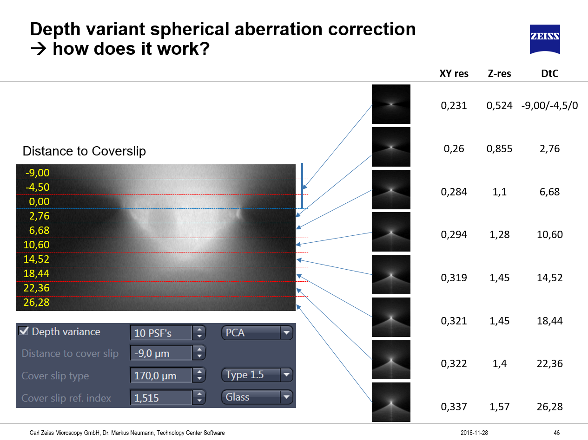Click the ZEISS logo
point(545,39)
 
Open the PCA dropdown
point(257,333)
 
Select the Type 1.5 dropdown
point(257,375)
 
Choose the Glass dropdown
point(257,397)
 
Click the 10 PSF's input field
point(161,333)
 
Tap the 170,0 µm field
point(161,375)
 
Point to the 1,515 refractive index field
point(161,397)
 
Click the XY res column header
point(454,73)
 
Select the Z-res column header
point(499,73)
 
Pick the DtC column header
point(549,73)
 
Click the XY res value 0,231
point(454,106)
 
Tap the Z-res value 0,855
point(499,149)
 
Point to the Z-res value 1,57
point(499,407)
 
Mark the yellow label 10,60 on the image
point(37,245)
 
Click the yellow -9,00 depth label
point(37,173)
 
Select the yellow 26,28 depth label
point(37,303)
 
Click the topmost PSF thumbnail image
point(391,104)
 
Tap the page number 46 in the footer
point(557,433)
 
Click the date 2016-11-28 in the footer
point(474,433)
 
